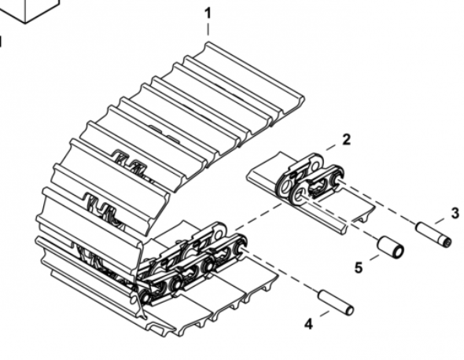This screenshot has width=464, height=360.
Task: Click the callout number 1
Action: pos(208,13)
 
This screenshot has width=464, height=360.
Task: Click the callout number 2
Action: pos(346,139)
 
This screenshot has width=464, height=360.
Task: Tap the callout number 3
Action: pos(455,213)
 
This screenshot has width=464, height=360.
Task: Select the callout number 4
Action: pos(308,325)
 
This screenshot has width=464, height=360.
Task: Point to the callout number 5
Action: pos(359,268)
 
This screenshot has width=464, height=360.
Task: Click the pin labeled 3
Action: pos(434,235)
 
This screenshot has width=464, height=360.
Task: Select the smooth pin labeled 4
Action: pos(336,303)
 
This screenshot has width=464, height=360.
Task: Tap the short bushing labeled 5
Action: pos(390,247)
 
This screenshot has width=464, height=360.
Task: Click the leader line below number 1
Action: pos(208,29)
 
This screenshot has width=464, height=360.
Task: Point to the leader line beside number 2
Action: pos(332,147)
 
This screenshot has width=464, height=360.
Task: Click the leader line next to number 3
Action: pos(440,221)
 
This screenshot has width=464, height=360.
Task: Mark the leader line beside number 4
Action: pos(325,314)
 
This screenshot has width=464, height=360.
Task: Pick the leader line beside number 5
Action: pos(374,257)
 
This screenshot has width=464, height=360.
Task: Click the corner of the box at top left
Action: pos(25,23)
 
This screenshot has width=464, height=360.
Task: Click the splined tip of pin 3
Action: pos(447,243)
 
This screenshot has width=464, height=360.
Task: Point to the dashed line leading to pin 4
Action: pos(280,270)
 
